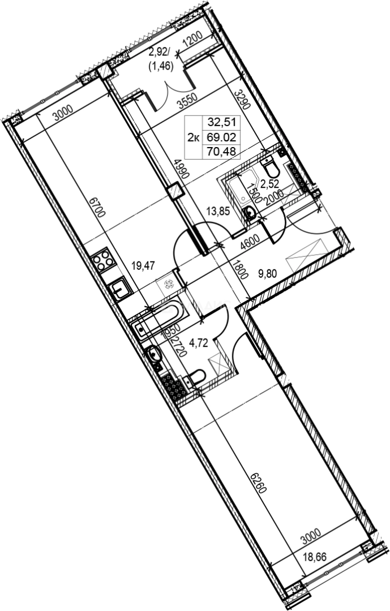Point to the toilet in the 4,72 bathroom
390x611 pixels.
tap(196, 377)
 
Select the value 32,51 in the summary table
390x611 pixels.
tap(222, 121)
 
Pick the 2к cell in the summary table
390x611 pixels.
tap(193, 136)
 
